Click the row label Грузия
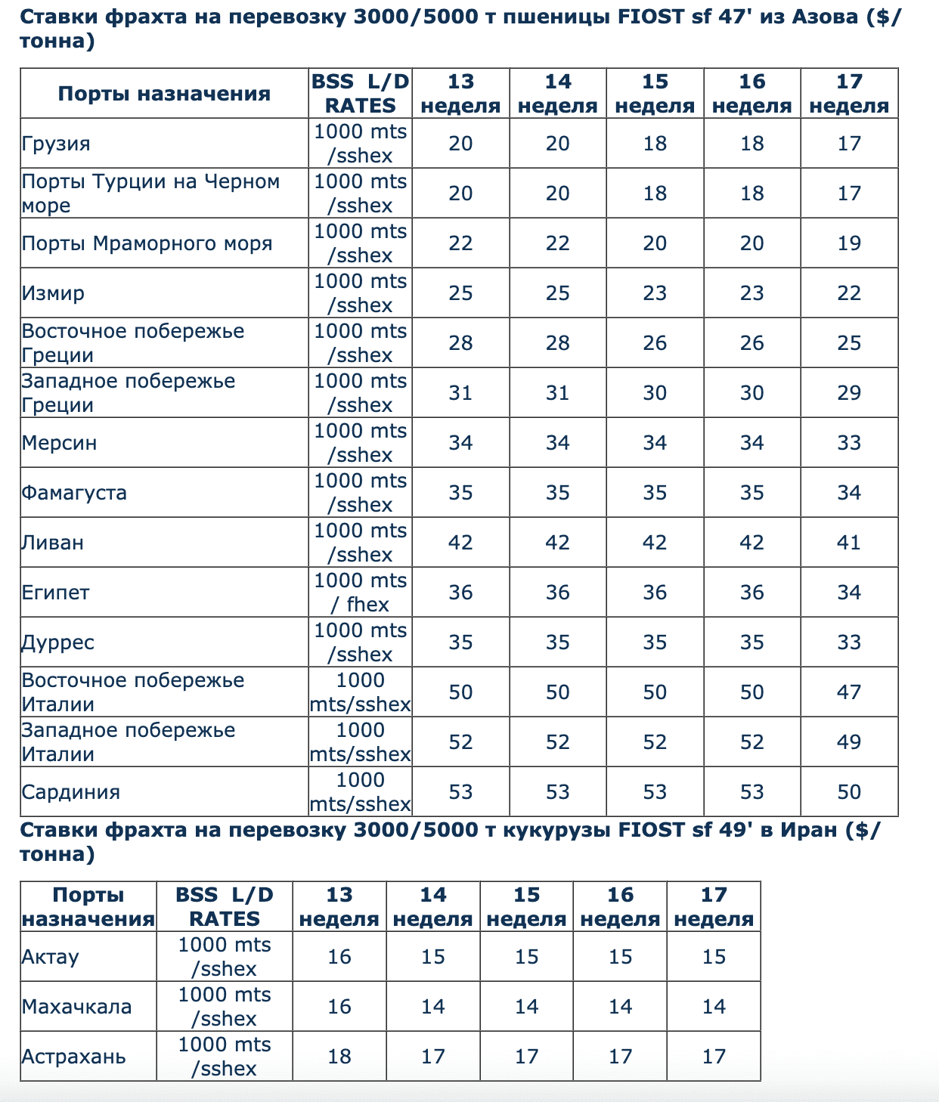56,144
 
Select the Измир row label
53,293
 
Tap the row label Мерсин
59,443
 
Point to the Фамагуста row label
74,493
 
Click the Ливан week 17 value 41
849,543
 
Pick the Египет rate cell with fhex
361,593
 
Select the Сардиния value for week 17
849,792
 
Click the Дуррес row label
58,642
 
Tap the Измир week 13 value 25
460,293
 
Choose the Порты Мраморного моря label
147,243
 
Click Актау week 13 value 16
339,957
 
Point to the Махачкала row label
76,1007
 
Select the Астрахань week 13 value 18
339,1057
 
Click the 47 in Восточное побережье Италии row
849,692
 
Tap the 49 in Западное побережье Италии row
849,742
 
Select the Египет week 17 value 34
849,593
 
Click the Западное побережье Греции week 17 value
849,393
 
